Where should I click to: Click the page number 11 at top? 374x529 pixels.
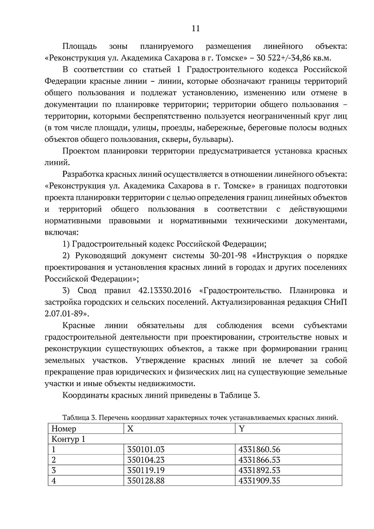click(195, 28)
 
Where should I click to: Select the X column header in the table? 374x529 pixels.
click(131, 429)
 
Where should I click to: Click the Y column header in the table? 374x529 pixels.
click(242, 429)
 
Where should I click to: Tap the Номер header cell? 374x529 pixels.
click(64, 429)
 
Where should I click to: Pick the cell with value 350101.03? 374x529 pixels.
click(146, 449)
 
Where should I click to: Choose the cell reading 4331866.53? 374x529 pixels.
click(259, 460)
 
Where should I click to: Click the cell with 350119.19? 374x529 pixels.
click(146, 470)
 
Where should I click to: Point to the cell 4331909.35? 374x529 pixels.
click(259, 480)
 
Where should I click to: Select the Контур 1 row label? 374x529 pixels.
click(68, 439)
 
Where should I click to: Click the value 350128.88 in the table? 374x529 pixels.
click(146, 480)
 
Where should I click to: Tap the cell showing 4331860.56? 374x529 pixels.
click(259, 449)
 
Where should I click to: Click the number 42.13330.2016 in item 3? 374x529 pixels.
click(164, 291)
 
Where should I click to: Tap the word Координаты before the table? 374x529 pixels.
click(83, 395)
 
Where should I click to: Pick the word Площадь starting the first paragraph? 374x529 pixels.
click(79, 46)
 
